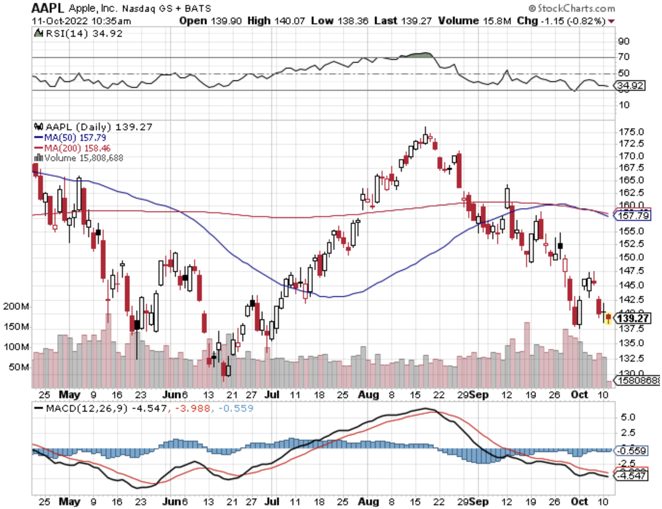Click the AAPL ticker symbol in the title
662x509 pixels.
(48, 8)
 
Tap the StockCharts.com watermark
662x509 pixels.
(572, 8)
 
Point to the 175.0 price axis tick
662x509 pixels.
(631, 132)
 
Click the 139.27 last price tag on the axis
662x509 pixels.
(632, 318)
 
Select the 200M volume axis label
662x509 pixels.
(16, 306)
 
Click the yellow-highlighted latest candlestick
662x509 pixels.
(609, 318)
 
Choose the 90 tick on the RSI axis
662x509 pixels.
(624, 41)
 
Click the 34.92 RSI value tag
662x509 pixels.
(630, 86)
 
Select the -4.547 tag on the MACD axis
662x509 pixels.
(632, 476)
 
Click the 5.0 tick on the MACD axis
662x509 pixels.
(628, 417)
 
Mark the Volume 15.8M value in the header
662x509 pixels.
(474, 21)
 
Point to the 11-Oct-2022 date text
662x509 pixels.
(59, 21)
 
